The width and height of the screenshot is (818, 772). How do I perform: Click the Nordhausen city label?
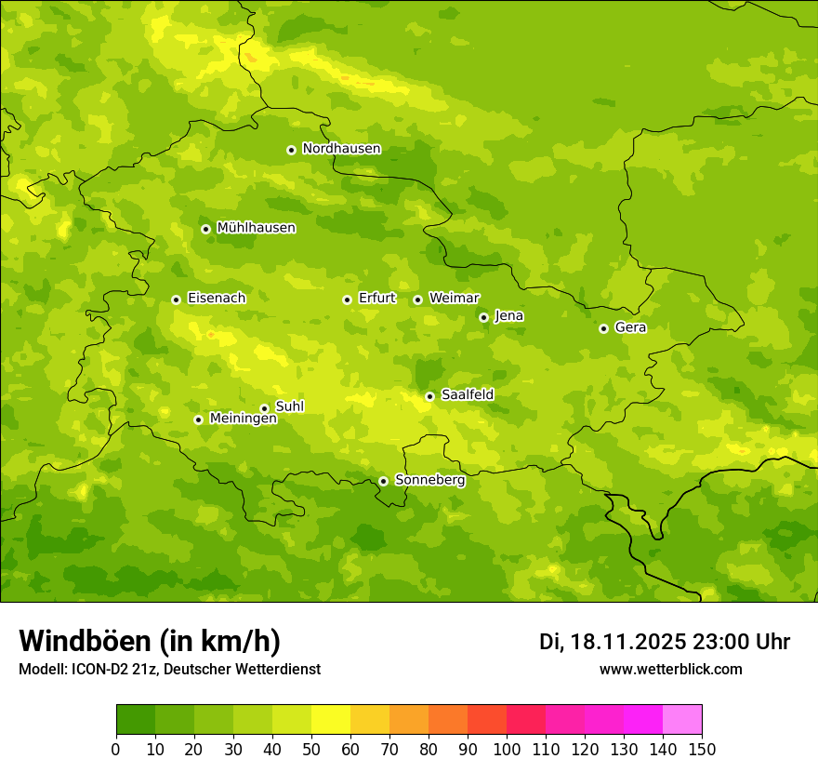[341, 149]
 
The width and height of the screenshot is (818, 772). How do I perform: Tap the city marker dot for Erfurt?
[347, 299]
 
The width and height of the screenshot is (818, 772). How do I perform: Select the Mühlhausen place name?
[256, 228]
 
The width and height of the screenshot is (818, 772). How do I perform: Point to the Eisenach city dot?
[176, 299]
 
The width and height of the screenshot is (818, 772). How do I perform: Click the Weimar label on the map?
[454, 299]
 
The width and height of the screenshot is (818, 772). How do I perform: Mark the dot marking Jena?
[483, 317]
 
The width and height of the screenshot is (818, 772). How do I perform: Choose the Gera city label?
[630, 327]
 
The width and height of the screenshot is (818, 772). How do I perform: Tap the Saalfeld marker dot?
[429, 396]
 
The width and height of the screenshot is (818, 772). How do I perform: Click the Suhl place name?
[290, 406]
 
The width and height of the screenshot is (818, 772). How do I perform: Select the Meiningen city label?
[243, 419]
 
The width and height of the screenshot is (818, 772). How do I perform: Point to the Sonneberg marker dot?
[383, 481]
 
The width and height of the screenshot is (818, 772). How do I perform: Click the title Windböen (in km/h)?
[150, 641]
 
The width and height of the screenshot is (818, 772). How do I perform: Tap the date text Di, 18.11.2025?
[612, 642]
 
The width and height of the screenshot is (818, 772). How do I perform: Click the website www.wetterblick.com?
[670, 669]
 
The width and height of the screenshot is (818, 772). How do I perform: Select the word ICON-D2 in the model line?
[100, 669]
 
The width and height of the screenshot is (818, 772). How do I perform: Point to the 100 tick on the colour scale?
[507, 749]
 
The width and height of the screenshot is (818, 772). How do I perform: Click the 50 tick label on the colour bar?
[311, 749]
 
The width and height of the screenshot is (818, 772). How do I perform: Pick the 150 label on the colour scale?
[702, 749]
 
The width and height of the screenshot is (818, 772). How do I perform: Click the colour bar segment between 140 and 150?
[682, 720]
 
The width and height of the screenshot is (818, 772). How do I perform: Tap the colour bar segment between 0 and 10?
[136, 720]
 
